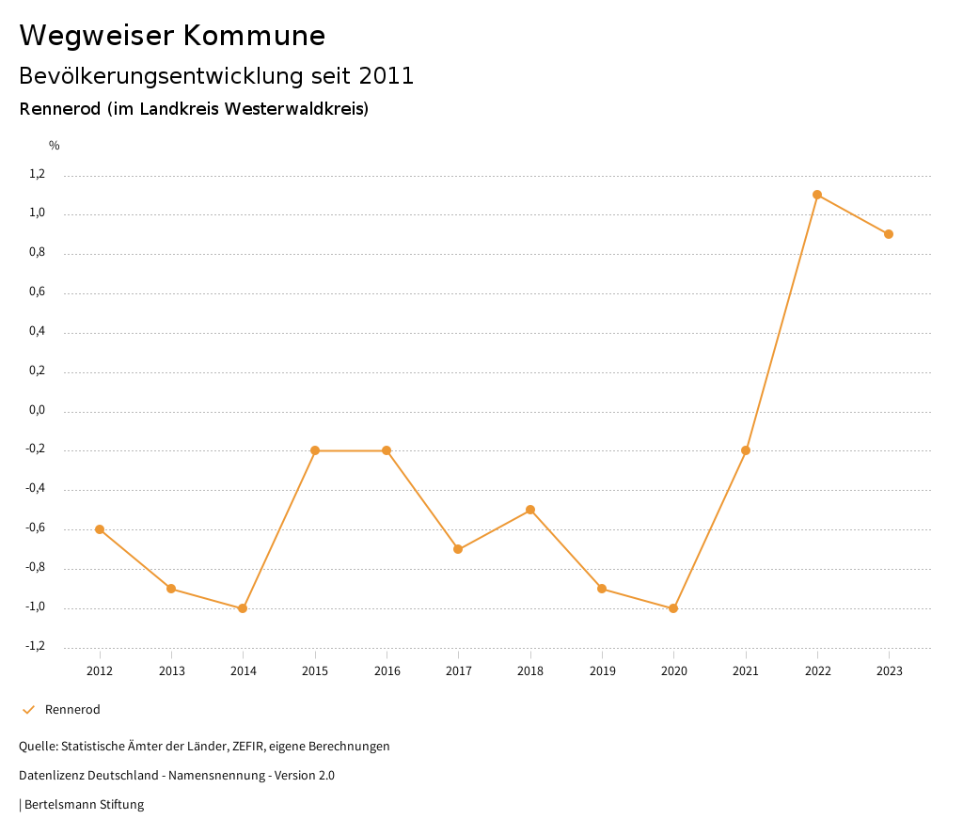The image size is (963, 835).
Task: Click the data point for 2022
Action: [817, 195]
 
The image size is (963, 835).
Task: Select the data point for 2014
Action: [243, 608]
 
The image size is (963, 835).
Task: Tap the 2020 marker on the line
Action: [673, 608]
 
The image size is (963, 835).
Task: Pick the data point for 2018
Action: [530, 510]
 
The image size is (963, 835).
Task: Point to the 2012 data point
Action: [100, 529]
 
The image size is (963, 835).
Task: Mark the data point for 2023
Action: [889, 234]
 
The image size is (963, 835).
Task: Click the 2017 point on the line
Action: [458, 549]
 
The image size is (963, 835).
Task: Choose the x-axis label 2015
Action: [315, 671]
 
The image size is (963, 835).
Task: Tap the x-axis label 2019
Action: [602, 671]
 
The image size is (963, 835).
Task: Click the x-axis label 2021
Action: [746, 671]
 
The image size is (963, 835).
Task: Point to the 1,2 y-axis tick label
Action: [63, 174]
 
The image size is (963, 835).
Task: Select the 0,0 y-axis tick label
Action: [63, 410]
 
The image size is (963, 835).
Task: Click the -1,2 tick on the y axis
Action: [61, 646]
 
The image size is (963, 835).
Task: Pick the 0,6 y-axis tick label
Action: [63, 292]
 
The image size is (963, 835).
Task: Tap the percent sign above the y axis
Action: [55, 146]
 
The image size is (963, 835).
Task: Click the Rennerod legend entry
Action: [72, 710]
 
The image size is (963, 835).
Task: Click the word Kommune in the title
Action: [254, 36]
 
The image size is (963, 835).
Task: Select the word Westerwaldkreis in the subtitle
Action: [293, 109]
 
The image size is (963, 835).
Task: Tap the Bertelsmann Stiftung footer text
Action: [84, 805]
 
